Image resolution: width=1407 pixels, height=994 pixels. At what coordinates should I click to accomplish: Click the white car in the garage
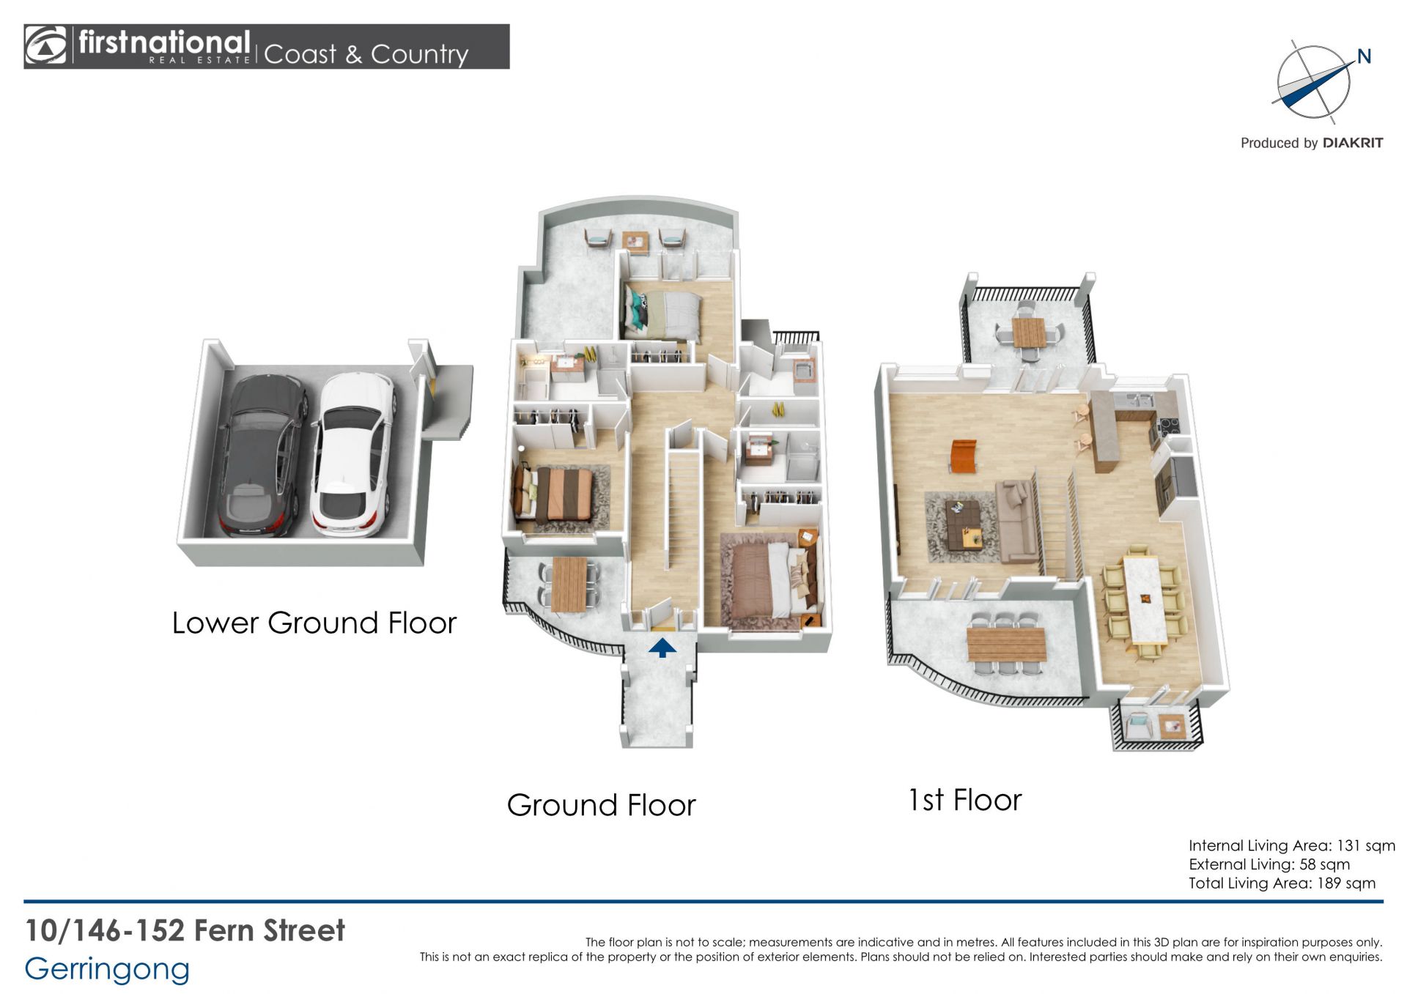[352, 454]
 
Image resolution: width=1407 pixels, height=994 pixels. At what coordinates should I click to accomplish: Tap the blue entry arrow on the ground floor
[662, 648]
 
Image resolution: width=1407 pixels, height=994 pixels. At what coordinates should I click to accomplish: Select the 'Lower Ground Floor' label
[314, 623]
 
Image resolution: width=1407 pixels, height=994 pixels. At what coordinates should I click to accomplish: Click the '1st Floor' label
[965, 800]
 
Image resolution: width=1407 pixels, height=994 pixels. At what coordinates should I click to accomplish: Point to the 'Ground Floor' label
[601, 805]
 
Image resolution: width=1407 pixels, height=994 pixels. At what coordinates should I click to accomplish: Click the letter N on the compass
[1364, 56]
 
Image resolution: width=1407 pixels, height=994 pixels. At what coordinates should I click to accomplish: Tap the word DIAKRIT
[1353, 143]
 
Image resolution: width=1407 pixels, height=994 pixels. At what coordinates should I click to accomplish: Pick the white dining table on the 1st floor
[1145, 599]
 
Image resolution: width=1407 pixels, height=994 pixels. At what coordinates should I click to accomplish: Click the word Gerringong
[107, 970]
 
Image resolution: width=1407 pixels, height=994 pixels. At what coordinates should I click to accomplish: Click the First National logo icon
[45, 46]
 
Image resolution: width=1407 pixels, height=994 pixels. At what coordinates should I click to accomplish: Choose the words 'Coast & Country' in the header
[366, 54]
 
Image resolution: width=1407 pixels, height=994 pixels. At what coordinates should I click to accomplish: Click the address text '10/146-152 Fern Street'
[185, 930]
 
